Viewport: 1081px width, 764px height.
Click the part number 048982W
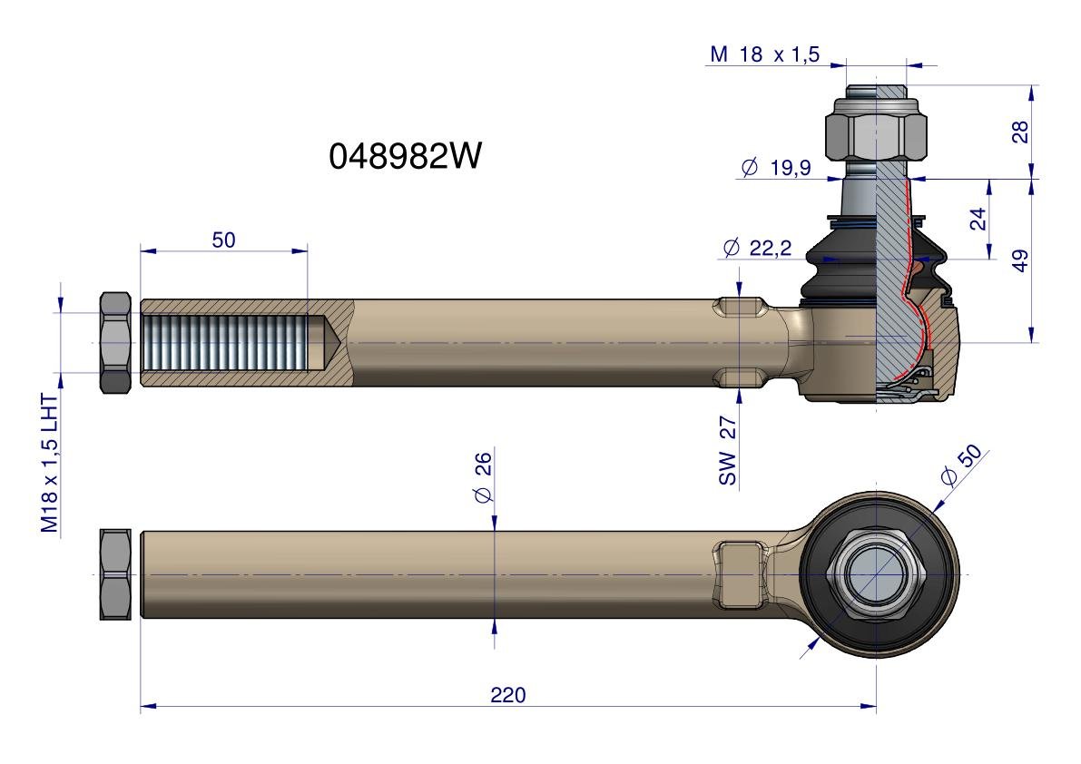pos(405,156)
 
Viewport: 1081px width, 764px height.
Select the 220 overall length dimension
pos(508,694)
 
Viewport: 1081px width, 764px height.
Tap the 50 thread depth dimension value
pos(223,240)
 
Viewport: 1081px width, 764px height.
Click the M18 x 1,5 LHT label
pos(50,463)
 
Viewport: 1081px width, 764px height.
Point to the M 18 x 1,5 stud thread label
pos(764,54)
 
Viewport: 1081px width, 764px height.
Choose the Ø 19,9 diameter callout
pos(776,167)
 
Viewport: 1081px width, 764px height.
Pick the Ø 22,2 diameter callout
pos(757,248)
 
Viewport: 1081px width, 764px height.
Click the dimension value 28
pos(1020,132)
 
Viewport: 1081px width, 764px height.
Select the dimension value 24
pos(978,219)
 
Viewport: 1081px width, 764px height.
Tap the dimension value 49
pos(1020,260)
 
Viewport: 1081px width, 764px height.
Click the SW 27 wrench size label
pos(728,451)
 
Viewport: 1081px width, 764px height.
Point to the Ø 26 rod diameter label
pos(483,477)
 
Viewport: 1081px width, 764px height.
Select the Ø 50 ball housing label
pos(961,465)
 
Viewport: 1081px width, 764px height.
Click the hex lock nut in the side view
pos(115,342)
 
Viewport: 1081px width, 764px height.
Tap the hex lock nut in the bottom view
pos(115,574)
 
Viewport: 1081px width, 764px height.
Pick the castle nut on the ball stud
pos(876,130)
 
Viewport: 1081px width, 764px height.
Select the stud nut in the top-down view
pos(876,574)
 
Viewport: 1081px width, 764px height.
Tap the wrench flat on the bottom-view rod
pos(741,574)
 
